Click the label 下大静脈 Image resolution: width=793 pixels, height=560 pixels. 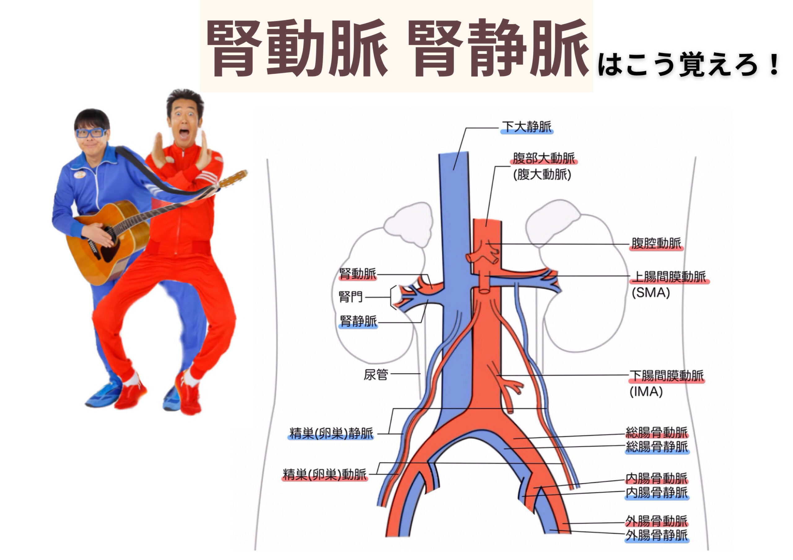(x=526, y=127)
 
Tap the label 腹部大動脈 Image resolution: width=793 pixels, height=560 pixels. (x=544, y=158)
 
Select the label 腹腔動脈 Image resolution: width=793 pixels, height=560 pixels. (x=656, y=243)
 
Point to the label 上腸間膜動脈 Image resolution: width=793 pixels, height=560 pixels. (x=669, y=276)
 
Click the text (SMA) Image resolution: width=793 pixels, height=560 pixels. (x=651, y=293)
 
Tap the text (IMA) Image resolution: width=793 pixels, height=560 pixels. (x=646, y=392)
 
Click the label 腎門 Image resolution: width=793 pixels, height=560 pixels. (x=351, y=297)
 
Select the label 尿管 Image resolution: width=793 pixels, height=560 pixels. (x=376, y=374)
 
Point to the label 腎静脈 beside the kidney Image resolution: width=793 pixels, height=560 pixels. (x=358, y=321)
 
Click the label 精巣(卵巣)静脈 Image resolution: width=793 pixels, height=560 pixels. (x=331, y=433)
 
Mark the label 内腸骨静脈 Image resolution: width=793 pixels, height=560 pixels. (x=657, y=493)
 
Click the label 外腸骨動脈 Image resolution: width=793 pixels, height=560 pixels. (x=657, y=521)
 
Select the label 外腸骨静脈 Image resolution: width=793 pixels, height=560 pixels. (x=657, y=536)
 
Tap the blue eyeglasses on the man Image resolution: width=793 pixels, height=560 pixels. (x=91, y=133)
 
